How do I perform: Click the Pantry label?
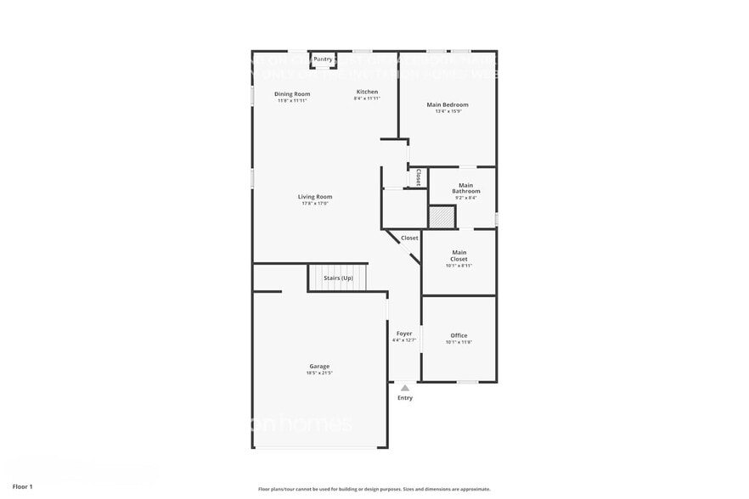[x=323, y=59]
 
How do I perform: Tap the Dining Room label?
[x=292, y=94]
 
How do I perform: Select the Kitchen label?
[x=367, y=92]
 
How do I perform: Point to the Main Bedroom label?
[x=448, y=105]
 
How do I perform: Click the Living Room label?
[x=314, y=197]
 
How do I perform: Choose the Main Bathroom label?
[x=465, y=188]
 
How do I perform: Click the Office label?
[x=459, y=335]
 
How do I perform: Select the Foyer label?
[x=404, y=334]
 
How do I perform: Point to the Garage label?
[x=319, y=367]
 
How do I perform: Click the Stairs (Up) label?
[x=338, y=278]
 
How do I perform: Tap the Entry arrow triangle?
[x=405, y=388]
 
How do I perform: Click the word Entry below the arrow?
[x=405, y=398]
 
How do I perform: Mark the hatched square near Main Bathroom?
[x=442, y=216]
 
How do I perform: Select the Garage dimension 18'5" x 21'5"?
[x=319, y=373]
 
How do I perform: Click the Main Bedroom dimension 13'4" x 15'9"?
[x=448, y=112]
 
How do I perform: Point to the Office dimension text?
[x=459, y=342]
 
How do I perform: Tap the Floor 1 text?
[x=23, y=486]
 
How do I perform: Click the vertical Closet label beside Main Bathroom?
[x=418, y=177]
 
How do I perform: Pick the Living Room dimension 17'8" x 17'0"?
[x=314, y=204]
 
